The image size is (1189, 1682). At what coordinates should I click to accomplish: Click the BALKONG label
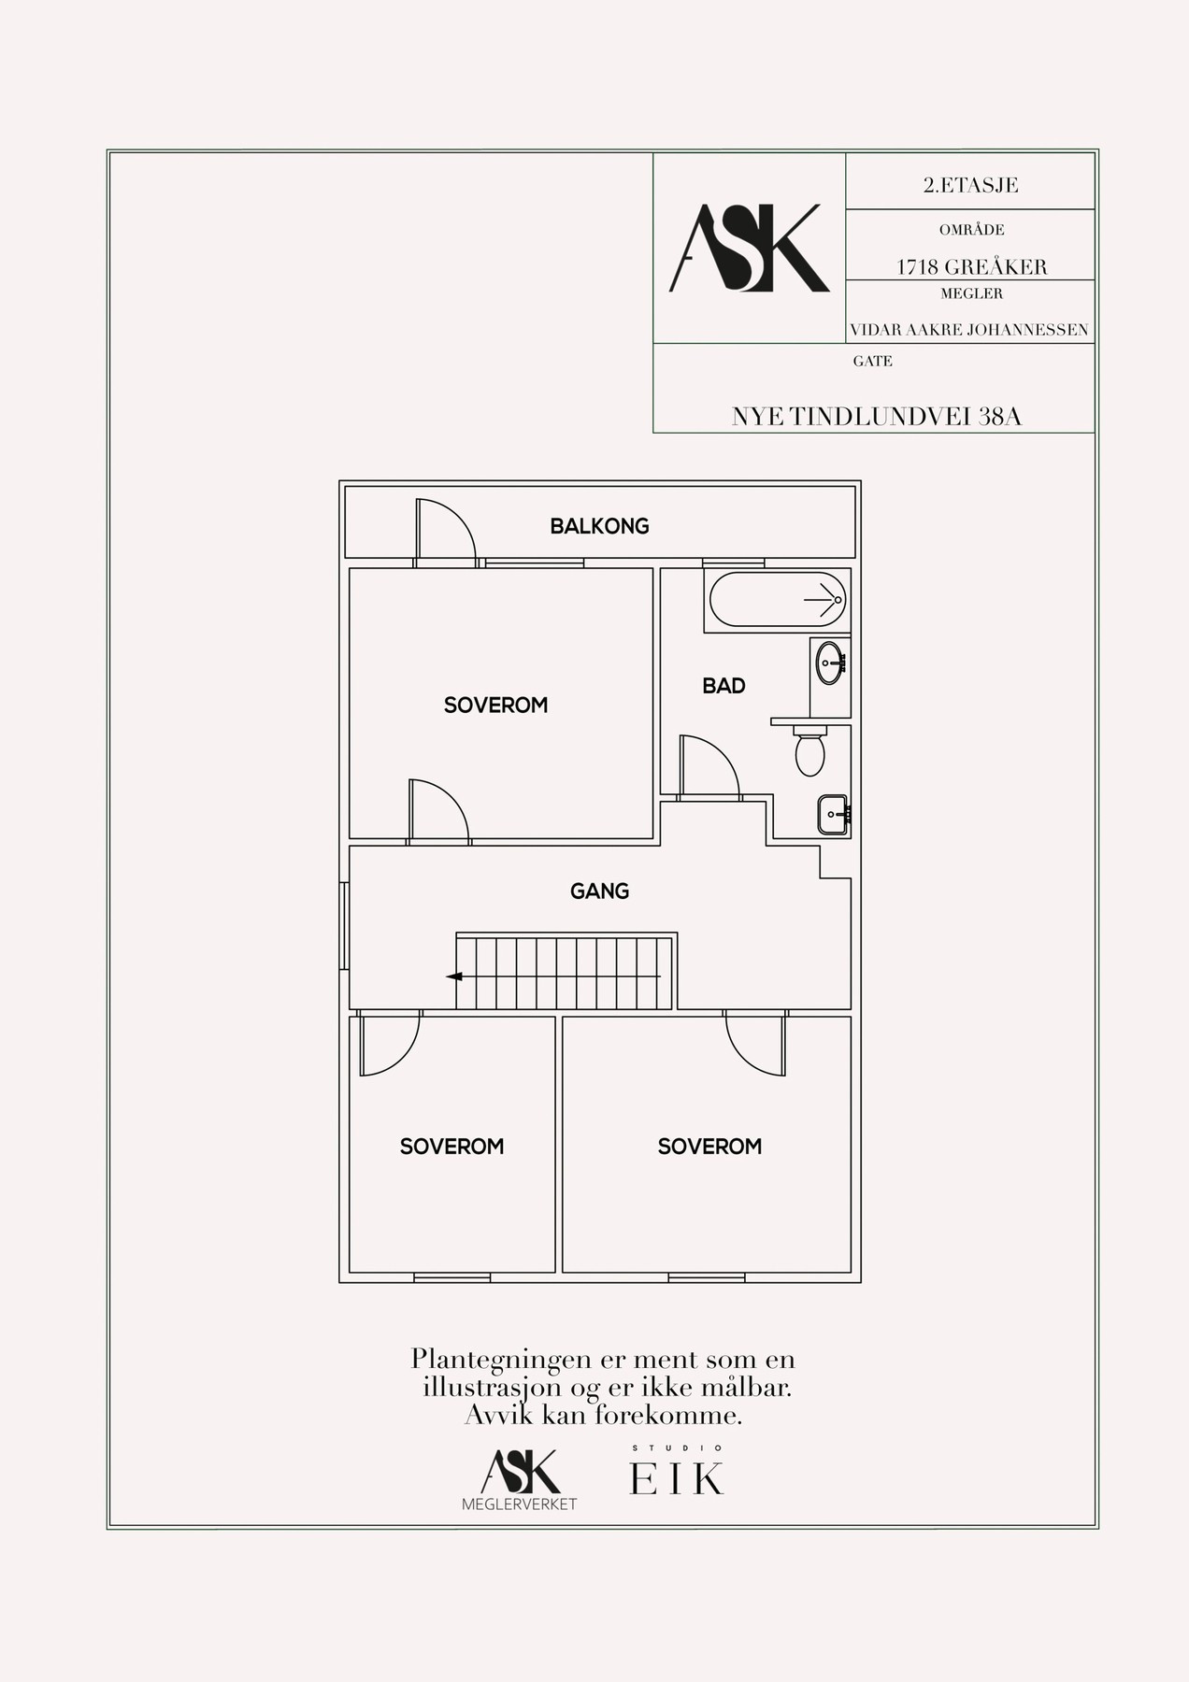[x=599, y=526]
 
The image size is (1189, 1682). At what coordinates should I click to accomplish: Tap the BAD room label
[x=723, y=686]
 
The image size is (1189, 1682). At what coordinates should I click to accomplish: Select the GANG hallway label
[x=599, y=891]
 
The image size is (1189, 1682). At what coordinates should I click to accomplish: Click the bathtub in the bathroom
[x=778, y=599]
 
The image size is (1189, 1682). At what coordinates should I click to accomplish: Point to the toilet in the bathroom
[x=809, y=749]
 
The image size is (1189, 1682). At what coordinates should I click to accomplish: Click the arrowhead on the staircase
[x=454, y=976]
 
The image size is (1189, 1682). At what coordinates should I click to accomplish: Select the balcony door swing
[x=446, y=531]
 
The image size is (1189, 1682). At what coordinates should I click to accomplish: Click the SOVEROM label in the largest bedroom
[x=495, y=705]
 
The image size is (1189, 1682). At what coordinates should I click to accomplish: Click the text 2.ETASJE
[x=970, y=185]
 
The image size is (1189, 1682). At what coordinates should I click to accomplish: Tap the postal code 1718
[x=917, y=266]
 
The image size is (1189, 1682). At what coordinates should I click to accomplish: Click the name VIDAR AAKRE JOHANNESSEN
[x=969, y=330]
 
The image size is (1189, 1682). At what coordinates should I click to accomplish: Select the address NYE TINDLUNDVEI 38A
[x=877, y=417]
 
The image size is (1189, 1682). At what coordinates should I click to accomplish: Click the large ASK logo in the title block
[x=749, y=248]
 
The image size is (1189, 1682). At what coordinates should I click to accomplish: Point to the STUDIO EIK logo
[x=677, y=1470]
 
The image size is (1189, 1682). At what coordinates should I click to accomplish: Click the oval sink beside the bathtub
[x=829, y=663]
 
